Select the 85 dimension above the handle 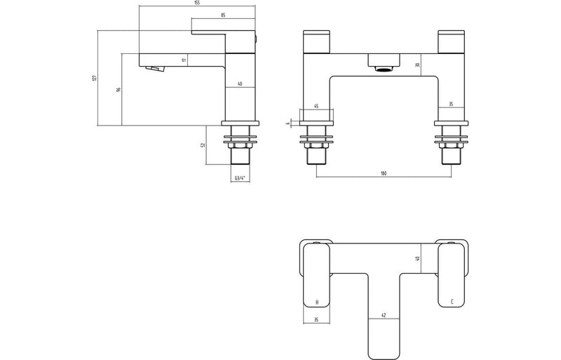pos(222,15)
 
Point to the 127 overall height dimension pos(94,78)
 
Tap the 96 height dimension pos(119,90)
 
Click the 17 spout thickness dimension pos(184,60)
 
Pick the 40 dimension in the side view pos(240,84)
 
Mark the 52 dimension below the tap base pos(203,145)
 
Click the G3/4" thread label pos(240,179)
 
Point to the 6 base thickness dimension pos(288,124)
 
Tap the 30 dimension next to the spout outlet pos(417,65)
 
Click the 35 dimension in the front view pos(450,105)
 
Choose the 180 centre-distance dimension pos(383,174)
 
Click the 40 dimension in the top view pos(417,258)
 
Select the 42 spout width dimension pos(383,315)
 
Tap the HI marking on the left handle pos(317,301)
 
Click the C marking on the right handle pos(452,301)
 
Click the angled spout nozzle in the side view pos(154,69)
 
